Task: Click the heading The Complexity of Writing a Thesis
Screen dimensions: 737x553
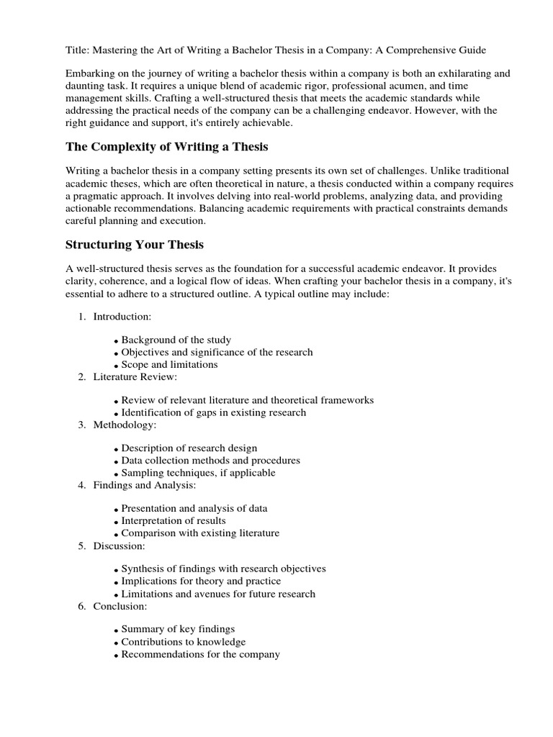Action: [166, 147]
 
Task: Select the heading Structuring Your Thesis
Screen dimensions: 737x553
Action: [134, 244]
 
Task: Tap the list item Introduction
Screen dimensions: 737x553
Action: [122, 317]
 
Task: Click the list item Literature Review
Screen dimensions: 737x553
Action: [135, 376]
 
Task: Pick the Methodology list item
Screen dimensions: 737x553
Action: [125, 425]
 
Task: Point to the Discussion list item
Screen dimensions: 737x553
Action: [120, 546]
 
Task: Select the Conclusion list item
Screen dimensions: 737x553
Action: [120, 607]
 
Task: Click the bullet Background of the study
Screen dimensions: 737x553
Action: [176, 340]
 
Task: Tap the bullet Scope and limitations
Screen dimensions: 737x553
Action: [169, 364]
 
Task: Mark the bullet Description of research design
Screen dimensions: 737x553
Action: [189, 448]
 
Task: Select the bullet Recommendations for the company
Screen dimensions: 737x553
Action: [200, 654]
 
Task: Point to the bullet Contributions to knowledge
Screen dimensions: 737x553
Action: [183, 641]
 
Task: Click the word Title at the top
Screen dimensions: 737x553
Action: [77, 50]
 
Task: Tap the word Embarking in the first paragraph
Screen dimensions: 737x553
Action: [91, 73]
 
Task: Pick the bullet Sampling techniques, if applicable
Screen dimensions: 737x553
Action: [198, 473]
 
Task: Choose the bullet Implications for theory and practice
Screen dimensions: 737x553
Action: [201, 581]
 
